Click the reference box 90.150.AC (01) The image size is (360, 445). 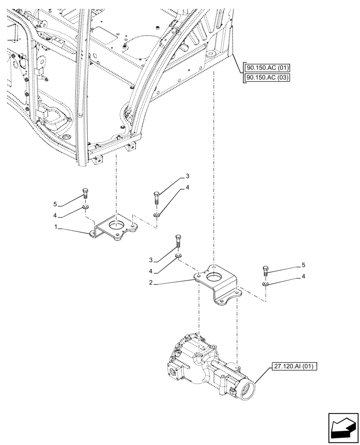point(267,68)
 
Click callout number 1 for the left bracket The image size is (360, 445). point(56,228)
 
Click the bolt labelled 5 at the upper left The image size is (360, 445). point(86,194)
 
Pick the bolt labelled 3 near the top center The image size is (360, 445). point(156,197)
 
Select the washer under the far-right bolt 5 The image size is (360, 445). point(266,284)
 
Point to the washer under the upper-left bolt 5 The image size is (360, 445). point(86,207)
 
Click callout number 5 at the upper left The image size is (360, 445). point(55,204)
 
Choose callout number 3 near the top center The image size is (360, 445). point(188,177)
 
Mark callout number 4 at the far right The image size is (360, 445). point(303,276)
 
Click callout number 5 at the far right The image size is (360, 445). point(303,265)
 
